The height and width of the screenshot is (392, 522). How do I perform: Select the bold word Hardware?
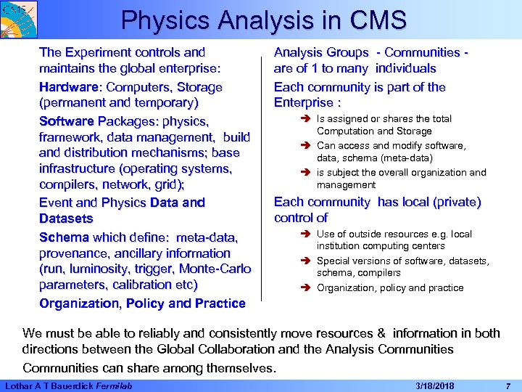click(67, 87)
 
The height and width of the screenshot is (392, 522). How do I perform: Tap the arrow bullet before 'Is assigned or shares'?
click(306, 119)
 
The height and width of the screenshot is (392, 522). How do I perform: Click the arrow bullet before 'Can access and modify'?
click(306, 146)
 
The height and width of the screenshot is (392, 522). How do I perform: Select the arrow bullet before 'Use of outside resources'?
click(306, 234)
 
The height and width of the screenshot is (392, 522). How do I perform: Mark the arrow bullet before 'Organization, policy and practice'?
click(306, 288)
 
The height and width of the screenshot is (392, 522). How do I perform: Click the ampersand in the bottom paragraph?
click(381, 334)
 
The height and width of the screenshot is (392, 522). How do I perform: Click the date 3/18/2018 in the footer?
click(436, 384)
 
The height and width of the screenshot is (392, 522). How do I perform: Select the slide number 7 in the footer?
click(507, 384)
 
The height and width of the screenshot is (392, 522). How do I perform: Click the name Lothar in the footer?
click(18, 384)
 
